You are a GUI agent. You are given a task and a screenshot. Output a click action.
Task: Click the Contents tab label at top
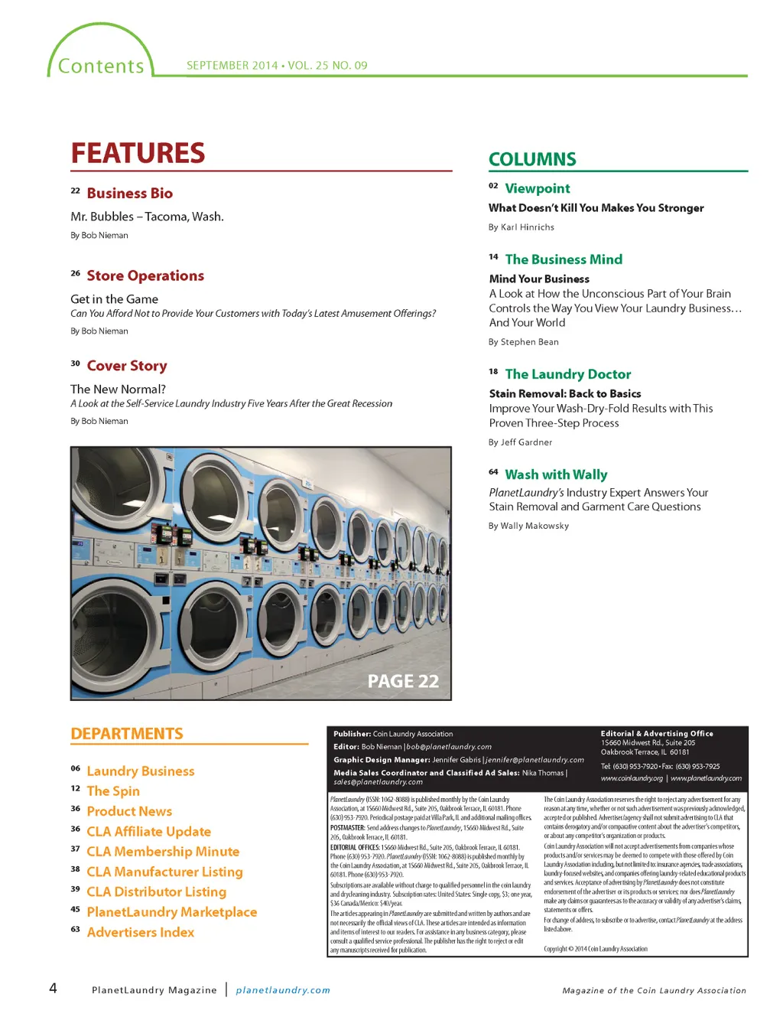point(101,67)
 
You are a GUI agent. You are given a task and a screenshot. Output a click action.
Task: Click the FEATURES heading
point(138,153)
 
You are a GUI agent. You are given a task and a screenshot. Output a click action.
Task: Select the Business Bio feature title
point(129,194)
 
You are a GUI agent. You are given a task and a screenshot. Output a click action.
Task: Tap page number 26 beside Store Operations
point(75,273)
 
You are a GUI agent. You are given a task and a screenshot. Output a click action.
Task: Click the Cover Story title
point(126,366)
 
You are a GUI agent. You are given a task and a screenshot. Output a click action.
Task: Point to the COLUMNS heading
point(532,159)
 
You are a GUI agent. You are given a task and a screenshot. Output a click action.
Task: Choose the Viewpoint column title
point(537,188)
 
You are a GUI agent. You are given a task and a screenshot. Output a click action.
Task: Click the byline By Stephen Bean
point(523,342)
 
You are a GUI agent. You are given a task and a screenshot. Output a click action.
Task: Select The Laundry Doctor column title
point(567,374)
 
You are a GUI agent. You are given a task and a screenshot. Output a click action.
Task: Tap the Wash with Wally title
point(556,474)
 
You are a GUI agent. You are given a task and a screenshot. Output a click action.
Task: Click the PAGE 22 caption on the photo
point(403,681)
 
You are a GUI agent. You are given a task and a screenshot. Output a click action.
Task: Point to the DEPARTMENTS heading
point(127,734)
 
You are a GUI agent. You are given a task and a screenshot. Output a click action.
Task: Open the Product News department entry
point(129,811)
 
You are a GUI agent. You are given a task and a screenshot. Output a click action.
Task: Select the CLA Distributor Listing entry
point(156,892)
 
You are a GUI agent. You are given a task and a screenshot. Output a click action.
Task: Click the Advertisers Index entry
point(140,932)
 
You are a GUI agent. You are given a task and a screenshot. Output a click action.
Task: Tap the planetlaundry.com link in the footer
point(283,990)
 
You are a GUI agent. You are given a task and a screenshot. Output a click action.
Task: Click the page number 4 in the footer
point(53,988)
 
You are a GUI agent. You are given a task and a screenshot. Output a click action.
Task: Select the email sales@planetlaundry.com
point(378,782)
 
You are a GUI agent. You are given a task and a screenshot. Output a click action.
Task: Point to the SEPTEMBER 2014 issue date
point(232,66)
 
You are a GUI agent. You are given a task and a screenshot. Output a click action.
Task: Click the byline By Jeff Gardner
point(520,442)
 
